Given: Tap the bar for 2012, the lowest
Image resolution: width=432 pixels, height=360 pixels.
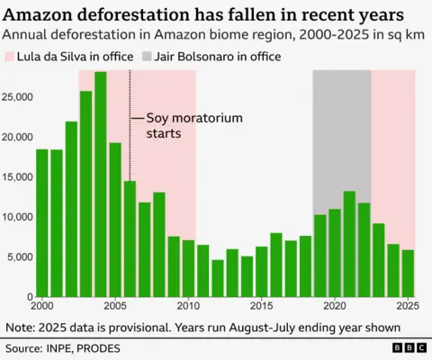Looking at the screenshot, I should (x=217, y=277).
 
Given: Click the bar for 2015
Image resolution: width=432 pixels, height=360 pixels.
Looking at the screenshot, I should (x=261, y=271).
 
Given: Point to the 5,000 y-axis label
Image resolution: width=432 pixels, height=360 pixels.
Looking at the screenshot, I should (x=19, y=256).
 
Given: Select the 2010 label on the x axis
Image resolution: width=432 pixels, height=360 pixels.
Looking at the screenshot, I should (x=188, y=305).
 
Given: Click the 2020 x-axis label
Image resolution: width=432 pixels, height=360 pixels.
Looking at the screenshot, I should (x=334, y=305).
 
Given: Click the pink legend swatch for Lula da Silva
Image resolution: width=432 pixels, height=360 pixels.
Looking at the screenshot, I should (x=11, y=57).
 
